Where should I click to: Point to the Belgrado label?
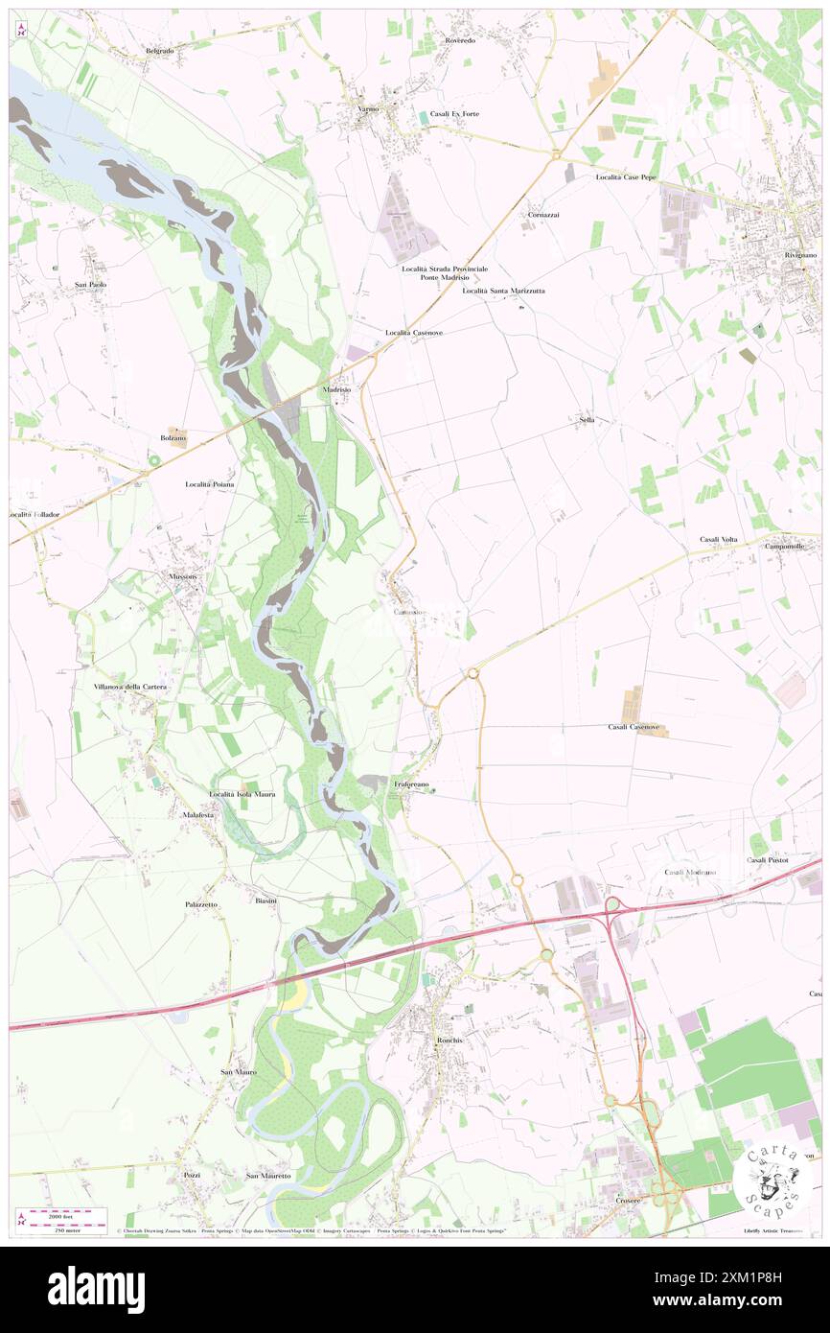[x=159, y=50]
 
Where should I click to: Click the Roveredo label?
[x=460, y=41]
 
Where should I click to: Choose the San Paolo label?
[x=91, y=285]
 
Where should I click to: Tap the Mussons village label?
[x=182, y=576]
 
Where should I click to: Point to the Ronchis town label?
[x=450, y=1041]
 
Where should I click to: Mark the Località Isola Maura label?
[x=242, y=794]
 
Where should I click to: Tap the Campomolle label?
[x=784, y=546]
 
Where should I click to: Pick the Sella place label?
[x=587, y=420]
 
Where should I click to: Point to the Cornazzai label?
[x=543, y=215]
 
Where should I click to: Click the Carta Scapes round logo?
[x=772, y=1179]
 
